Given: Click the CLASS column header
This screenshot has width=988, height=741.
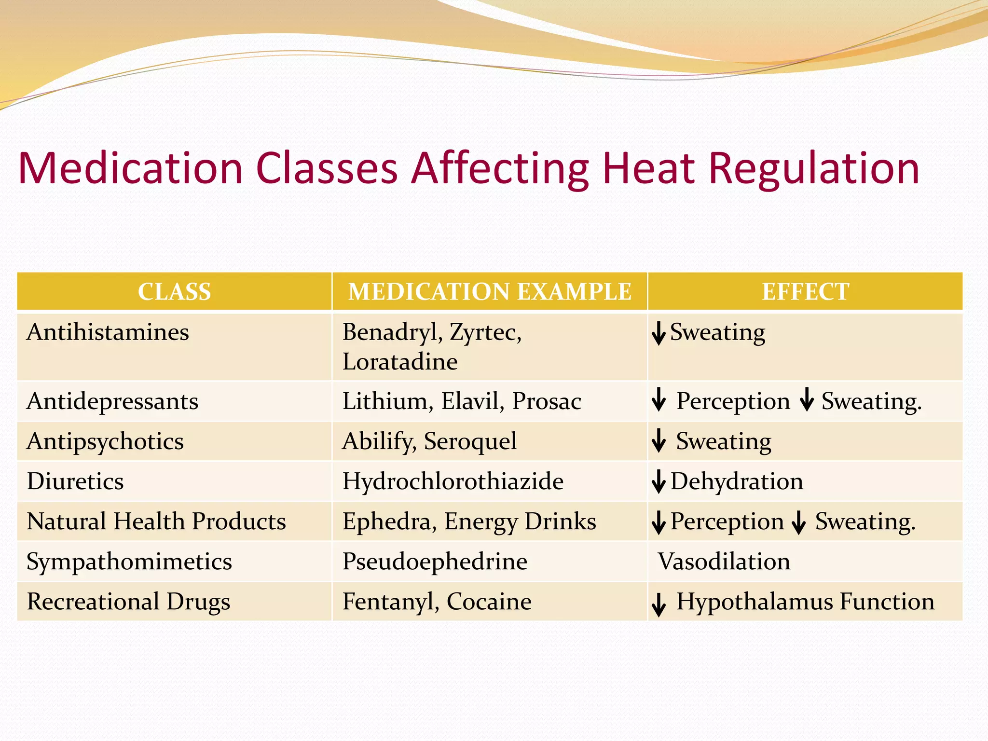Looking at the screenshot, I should (174, 291).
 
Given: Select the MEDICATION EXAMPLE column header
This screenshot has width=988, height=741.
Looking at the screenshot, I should (490, 291).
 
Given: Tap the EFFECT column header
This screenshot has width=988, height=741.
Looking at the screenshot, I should (805, 291).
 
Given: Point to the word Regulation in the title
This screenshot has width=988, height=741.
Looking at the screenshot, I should (814, 169).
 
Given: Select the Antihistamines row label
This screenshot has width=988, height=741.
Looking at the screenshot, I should (108, 332).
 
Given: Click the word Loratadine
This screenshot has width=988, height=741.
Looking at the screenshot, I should (400, 362).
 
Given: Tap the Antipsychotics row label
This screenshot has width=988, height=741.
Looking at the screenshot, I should (105, 441).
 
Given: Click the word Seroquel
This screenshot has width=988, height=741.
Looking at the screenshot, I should (470, 441).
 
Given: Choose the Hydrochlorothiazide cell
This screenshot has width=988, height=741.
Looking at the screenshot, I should (453, 481).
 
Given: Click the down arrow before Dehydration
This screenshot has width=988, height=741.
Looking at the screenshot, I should (659, 481).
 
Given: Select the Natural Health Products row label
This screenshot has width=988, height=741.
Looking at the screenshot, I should (156, 521).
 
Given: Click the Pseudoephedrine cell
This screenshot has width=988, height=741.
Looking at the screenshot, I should (435, 562).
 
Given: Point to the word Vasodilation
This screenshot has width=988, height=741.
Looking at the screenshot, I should (724, 562).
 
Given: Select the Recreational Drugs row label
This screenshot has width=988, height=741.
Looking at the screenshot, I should (128, 602).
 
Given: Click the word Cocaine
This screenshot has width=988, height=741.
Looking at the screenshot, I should (489, 602).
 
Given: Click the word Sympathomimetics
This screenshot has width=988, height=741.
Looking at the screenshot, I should (129, 562).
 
